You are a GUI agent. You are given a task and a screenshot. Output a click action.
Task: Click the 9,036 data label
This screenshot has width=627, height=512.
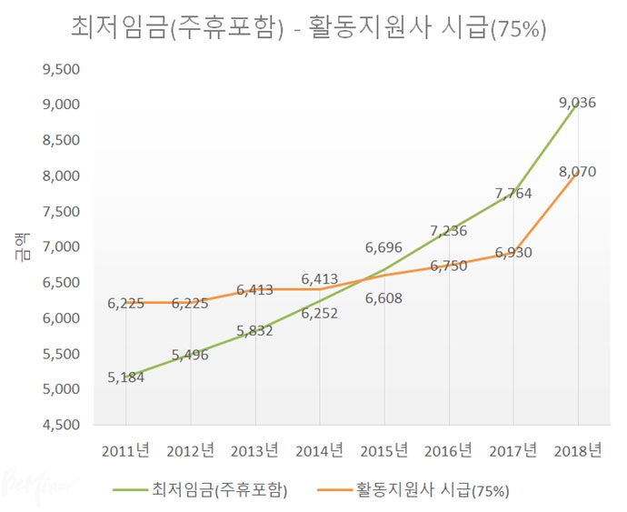click(578, 103)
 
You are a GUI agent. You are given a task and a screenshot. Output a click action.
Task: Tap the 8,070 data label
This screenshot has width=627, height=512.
click(578, 170)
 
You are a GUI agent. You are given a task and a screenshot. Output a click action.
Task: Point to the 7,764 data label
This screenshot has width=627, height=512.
click(513, 193)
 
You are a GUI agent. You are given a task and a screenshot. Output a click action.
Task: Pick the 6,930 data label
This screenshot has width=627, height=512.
click(513, 252)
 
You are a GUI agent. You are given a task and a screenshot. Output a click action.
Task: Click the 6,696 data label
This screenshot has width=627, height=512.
click(383, 246)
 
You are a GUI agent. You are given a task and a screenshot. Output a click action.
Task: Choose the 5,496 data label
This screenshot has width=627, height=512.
click(190, 355)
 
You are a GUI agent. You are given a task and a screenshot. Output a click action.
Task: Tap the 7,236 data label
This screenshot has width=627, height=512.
click(449, 231)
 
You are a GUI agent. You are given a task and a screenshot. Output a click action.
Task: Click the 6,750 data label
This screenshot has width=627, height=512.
click(449, 266)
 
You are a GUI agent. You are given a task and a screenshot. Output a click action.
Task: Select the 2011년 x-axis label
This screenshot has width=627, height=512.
click(125, 451)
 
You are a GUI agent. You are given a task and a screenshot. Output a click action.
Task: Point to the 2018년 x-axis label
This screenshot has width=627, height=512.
click(578, 451)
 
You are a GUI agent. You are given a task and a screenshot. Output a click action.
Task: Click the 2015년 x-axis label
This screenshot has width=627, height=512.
click(383, 451)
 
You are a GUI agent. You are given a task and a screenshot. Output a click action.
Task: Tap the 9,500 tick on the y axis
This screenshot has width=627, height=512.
click(62, 69)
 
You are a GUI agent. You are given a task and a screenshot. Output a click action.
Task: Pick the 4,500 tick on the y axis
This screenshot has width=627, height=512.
click(62, 425)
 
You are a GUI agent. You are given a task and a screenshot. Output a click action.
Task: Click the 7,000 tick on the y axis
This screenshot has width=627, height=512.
click(62, 247)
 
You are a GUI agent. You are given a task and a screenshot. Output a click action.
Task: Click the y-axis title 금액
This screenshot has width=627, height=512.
click(20, 247)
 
